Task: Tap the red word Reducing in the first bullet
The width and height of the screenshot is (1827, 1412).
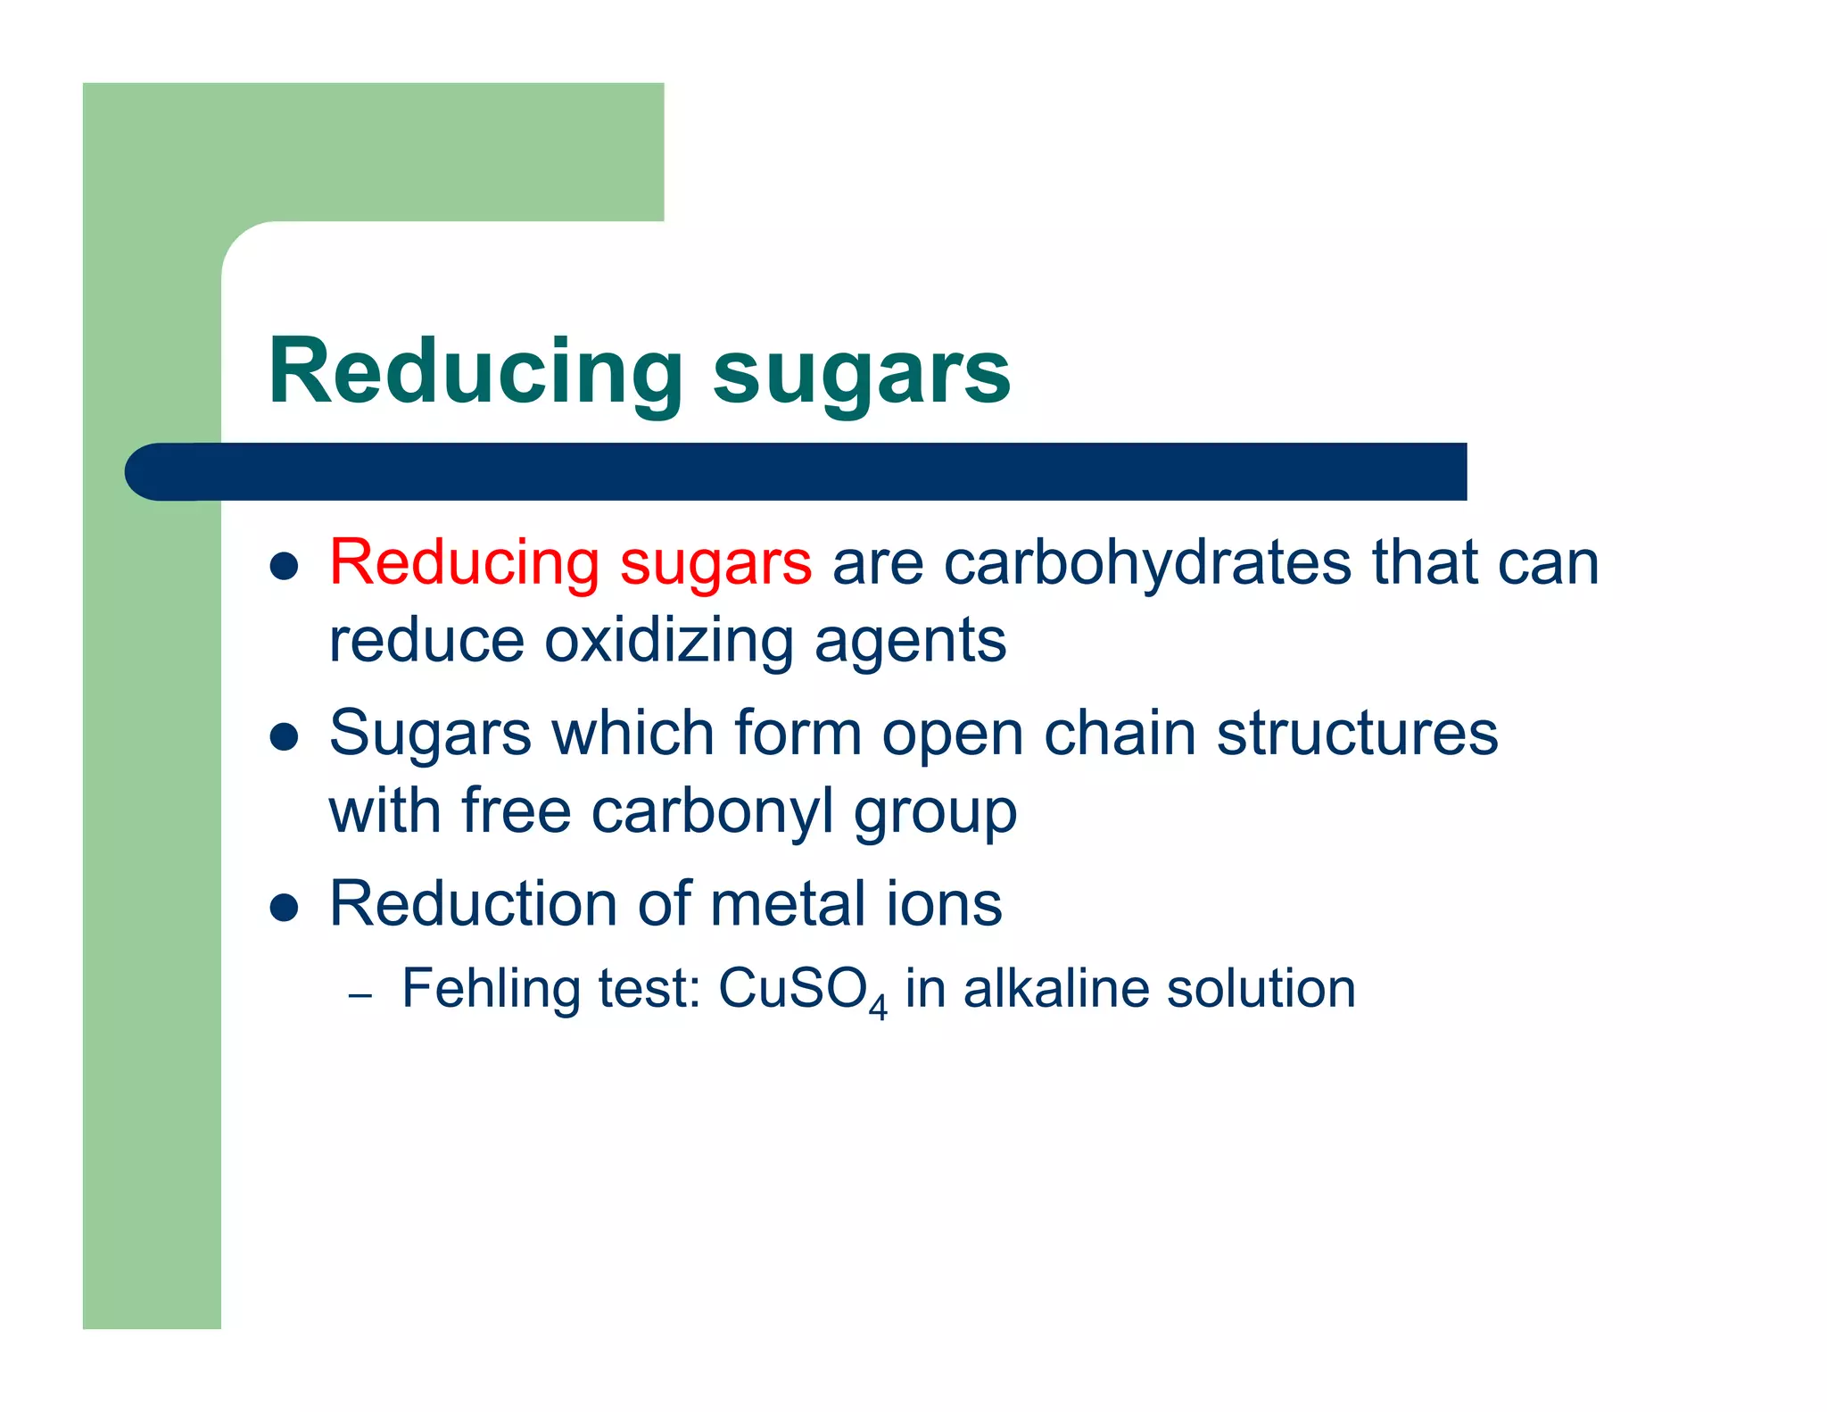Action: tap(464, 564)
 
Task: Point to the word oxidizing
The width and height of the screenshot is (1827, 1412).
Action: tap(668, 642)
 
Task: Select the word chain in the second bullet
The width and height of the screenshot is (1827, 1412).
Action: tap(1120, 734)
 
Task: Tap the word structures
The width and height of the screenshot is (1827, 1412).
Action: tap(1357, 734)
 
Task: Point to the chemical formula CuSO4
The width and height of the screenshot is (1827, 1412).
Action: tap(802, 991)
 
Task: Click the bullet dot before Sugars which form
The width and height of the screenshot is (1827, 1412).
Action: tap(284, 737)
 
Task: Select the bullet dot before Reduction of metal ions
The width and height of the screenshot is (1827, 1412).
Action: tap(284, 908)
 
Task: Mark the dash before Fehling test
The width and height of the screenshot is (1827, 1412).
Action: tap(360, 994)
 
